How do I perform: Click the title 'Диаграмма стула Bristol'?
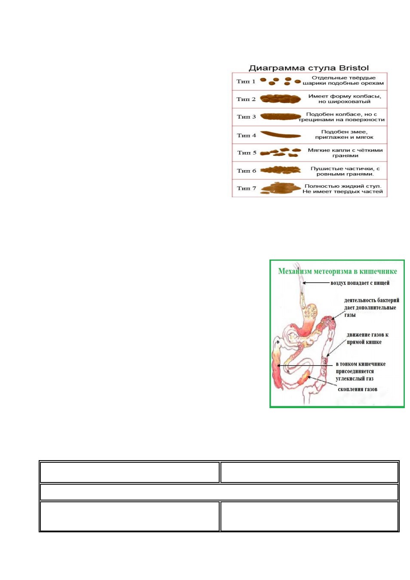[309, 68]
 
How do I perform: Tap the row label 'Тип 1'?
[246, 81]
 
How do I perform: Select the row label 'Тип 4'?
[246, 135]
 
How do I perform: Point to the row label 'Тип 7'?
[246, 188]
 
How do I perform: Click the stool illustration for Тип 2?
[281, 99]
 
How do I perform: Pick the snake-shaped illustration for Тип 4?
[281, 134]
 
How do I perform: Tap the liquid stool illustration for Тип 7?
[277, 188]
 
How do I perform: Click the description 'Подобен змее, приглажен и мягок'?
[344, 134]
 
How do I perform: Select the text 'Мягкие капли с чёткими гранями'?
[345, 153]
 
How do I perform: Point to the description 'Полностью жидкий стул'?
[343, 186]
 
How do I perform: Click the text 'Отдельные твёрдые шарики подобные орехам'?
[343, 80]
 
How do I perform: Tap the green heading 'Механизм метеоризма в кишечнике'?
[337, 272]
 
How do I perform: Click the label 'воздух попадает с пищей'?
[360, 283]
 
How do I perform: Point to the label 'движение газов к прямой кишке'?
[367, 338]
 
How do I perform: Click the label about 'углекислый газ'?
[361, 371]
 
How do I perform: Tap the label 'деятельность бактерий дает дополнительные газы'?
[371, 308]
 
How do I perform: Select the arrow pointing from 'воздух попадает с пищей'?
[316, 283]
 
